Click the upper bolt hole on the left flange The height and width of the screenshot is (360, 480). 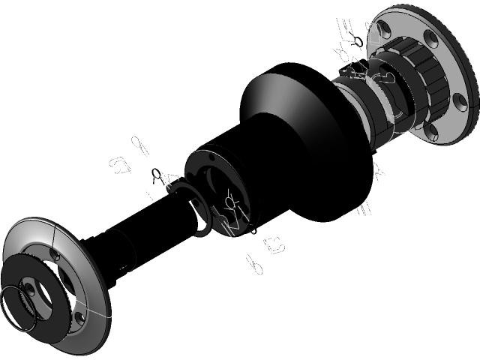click(57, 255)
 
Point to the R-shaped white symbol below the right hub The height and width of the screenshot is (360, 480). click(379, 173)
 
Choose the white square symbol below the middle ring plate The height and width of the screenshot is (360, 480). click(274, 244)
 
